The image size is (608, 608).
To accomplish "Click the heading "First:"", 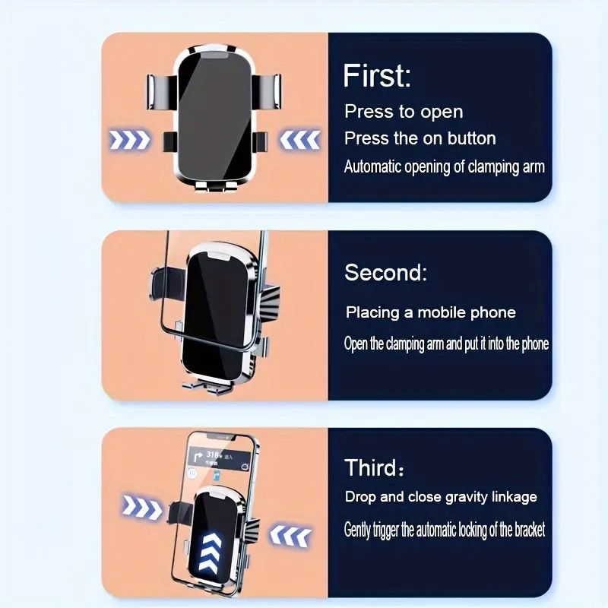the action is click(x=376, y=75).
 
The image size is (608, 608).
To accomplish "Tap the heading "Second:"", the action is click(x=385, y=272).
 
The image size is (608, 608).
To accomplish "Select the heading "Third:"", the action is click(x=374, y=467).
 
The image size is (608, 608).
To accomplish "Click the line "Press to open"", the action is click(x=404, y=112).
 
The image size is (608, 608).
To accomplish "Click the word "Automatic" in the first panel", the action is click(x=372, y=166).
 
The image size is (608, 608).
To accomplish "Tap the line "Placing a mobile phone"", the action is click(x=430, y=312).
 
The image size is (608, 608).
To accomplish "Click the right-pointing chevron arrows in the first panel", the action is click(x=130, y=140).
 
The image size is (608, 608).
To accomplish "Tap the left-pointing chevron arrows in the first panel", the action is click(x=299, y=140).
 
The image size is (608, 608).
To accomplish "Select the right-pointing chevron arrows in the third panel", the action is click(x=142, y=507).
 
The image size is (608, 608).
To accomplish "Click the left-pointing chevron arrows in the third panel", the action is click(x=290, y=536).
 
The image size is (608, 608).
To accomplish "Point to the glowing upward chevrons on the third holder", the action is click(x=210, y=551).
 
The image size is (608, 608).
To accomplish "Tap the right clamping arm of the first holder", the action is click(x=267, y=91).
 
